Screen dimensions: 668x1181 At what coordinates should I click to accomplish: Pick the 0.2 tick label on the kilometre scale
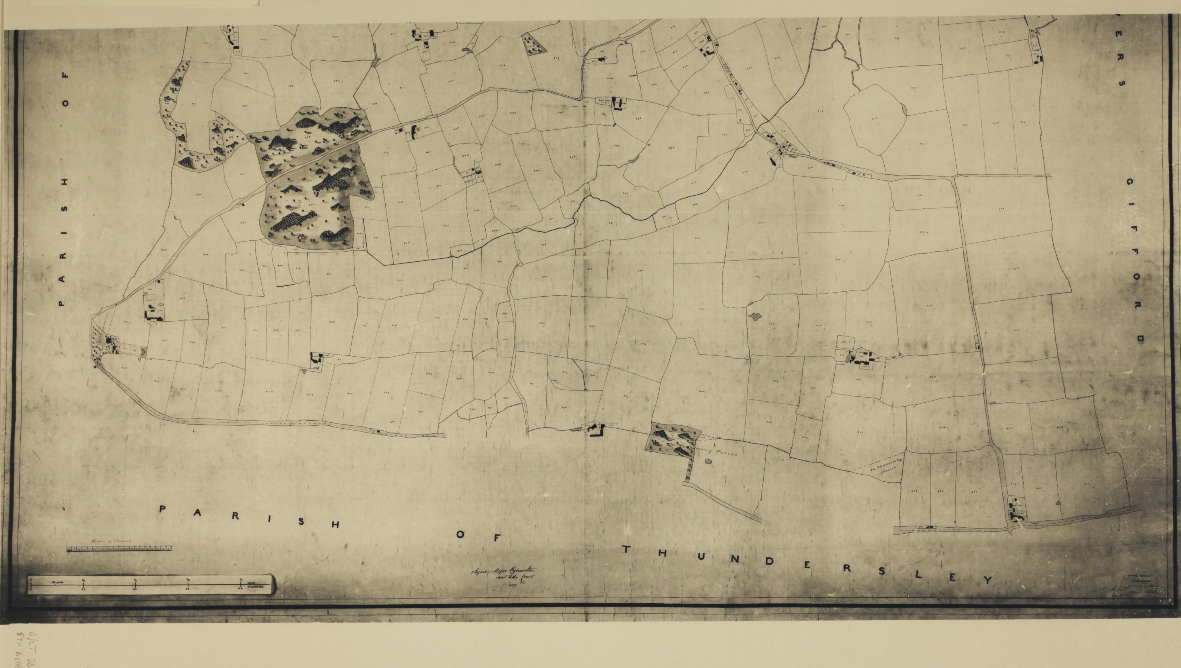(83, 588)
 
